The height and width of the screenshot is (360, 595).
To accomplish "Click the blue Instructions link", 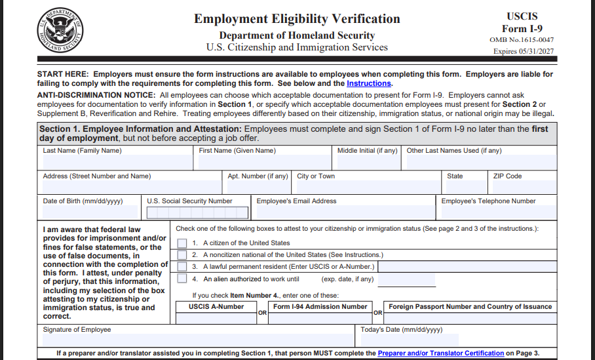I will (369, 84).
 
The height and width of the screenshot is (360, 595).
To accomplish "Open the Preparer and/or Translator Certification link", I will (441, 353).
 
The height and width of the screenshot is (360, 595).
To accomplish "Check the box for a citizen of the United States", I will (182, 243).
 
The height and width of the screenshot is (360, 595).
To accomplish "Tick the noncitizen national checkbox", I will (182, 255).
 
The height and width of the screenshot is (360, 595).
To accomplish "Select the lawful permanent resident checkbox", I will (182, 267).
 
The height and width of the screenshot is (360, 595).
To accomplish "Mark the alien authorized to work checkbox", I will (182, 279).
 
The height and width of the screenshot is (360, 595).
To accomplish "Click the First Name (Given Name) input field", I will (265, 163).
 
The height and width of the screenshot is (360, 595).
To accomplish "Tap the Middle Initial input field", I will (368, 163).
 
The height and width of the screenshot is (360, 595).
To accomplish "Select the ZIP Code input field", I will (524, 188).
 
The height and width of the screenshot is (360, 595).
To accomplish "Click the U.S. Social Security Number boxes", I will (197, 213).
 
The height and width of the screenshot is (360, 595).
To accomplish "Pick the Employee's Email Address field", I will (344, 212).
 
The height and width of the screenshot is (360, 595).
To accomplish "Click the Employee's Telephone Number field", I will (498, 212).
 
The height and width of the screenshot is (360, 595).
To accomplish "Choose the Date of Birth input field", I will (90, 212).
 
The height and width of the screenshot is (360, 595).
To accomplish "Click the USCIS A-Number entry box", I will (216, 319).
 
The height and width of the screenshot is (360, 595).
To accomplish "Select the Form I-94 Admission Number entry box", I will (320, 319).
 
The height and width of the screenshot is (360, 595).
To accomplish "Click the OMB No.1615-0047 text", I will (522, 40).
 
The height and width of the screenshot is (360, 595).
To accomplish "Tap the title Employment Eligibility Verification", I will (297, 19).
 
